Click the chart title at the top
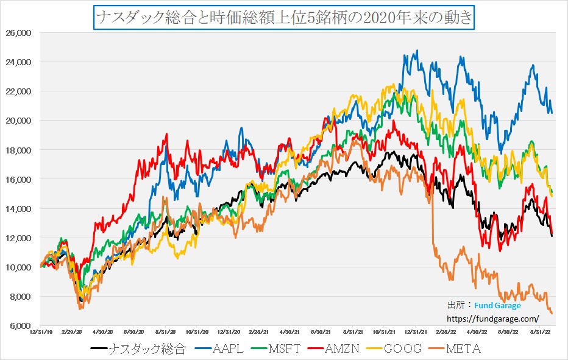click(x=283, y=17)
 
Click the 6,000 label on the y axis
click(x=20, y=326)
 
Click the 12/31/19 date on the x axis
click(x=40, y=333)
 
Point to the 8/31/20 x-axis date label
click(x=166, y=333)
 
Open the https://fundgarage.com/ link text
click(x=493, y=318)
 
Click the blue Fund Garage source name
click(x=497, y=306)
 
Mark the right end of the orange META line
click(x=552, y=313)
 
